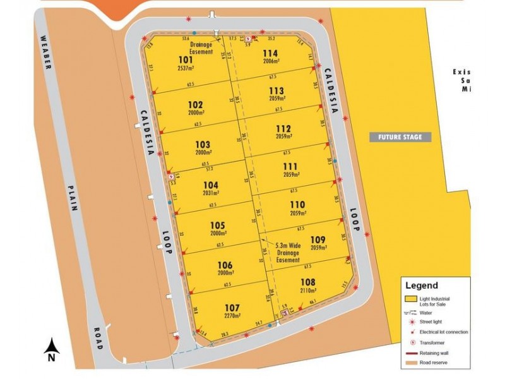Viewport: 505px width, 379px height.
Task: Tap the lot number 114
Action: click(270, 53)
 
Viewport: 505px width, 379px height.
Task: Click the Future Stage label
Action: click(400, 137)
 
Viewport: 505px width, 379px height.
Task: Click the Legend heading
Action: click(421, 286)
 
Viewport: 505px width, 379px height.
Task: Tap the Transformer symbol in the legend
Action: click(412, 342)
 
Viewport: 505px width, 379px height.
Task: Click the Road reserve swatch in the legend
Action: click(412, 363)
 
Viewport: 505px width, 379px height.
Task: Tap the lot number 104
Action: click(211, 185)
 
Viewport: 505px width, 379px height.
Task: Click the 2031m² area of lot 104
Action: click(211, 193)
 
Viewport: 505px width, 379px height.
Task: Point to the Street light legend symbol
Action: click(412, 322)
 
